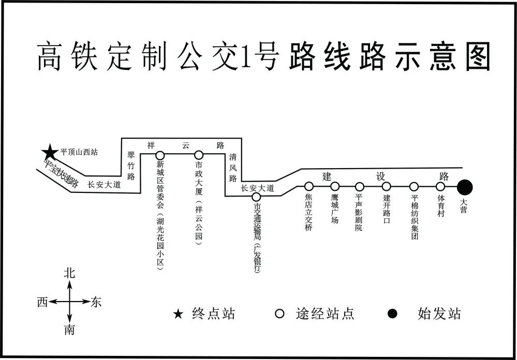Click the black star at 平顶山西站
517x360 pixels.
point(50,152)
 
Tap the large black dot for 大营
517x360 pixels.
point(465,187)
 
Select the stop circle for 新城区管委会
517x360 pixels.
point(160,155)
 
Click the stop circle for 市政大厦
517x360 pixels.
point(199,155)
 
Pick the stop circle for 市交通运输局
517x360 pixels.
point(256,197)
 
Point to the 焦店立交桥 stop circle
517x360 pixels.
point(309,186)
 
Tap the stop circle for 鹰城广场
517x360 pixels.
point(335,186)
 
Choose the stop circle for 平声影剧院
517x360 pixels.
point(360,186)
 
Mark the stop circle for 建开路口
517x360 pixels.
point(386,186)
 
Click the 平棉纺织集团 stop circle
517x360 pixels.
point(414,186)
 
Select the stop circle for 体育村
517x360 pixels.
point(441,186)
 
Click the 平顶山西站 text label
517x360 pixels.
point(79,152)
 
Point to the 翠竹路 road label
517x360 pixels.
point(130,166)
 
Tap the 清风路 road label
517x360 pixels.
point(233,168)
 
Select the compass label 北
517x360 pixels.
point(69,274)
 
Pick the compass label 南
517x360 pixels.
point(69,331)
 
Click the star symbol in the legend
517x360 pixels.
point(178,314)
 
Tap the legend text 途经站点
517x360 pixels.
point(324,314)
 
